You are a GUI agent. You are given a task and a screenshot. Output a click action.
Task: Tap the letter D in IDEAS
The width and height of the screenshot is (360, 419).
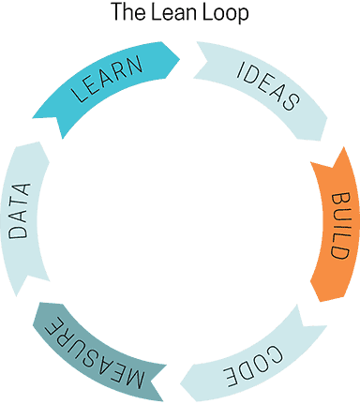pos(250,72)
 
